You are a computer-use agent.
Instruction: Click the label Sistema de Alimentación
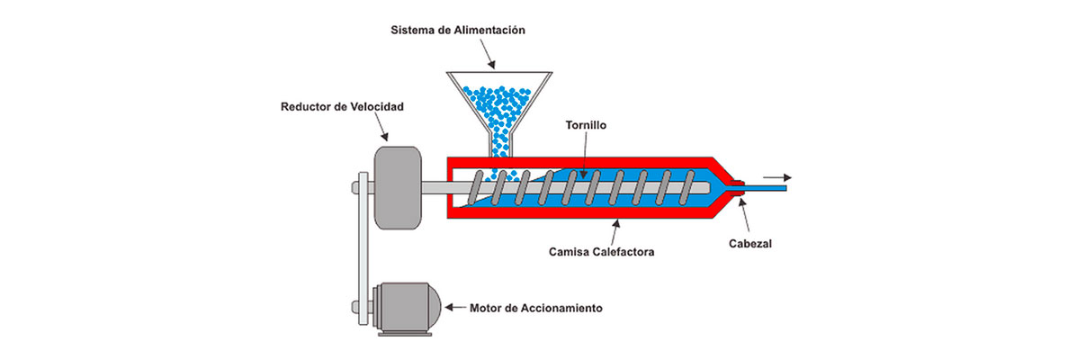click(457, 30)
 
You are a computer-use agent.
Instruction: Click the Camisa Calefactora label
click(601, 251)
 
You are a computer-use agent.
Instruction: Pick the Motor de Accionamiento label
click(535, 308)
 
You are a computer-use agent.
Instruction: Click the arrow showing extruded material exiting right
click(779, 177)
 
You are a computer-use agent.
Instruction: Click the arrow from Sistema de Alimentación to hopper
click(486, 53)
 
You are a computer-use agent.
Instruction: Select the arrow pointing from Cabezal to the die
click(743, 212)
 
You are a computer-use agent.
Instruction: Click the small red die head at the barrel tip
click(738, 187)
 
